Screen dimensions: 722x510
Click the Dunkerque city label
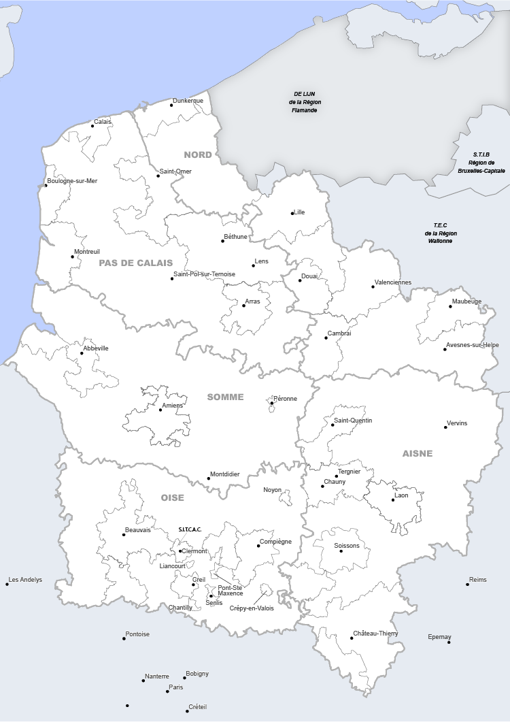pos(188,101)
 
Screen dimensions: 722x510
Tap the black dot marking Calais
pos(93,125)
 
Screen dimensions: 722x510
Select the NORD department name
pos(197,154)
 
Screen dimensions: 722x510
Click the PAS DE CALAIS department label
pos(135,263)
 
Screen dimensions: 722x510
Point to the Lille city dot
pos(292,214)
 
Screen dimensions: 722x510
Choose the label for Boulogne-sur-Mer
pos(73,180)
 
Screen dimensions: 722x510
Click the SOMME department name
pos(225,397)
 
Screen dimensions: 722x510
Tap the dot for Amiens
pos(161,410)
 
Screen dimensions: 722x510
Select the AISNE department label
pos(417,453)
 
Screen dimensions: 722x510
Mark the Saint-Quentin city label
pos(352,421)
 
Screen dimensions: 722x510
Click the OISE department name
pos(172,497)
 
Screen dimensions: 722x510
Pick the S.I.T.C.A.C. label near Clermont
pos(190,529)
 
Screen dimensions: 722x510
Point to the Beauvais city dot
pos(124,535)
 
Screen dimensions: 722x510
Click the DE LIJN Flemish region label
pos(304,102)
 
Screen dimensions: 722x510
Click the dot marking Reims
pos(468,584)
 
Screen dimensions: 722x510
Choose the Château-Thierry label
pos(375,634)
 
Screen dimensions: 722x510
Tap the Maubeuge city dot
pos(450,306)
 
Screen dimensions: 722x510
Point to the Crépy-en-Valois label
pos(252,608)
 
